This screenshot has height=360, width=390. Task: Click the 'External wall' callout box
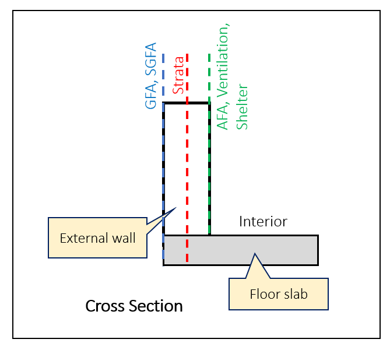(x=97, y=237)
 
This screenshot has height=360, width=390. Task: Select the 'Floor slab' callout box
(x=279, y=294)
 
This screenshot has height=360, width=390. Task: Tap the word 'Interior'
(x=263, y=222)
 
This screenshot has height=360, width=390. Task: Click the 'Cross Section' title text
(x=134, y=306)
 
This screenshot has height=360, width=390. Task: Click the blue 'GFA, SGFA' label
(x=151, y=76)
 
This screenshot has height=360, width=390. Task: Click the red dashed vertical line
(x=187, y=175)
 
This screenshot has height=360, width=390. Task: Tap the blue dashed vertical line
(x=163, y=175)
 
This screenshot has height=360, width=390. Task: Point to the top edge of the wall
(x=186, y=103)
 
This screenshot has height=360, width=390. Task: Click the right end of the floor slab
(x=318, y=250)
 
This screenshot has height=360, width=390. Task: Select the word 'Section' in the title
(x=158, y=306)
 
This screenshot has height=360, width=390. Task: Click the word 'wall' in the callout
(x=125, y=237)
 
